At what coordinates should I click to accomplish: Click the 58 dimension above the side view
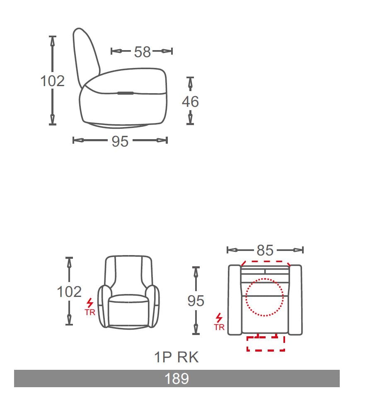coord(142,52)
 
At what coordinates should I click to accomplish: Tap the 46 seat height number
coord(190,101)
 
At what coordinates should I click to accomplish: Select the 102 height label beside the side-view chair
coord(52,81)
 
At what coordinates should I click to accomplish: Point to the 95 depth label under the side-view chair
coord(120,142)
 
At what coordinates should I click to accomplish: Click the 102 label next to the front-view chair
coord(69,292)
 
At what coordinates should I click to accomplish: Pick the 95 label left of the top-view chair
coord(196,301)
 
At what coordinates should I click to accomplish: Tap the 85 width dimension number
coord(265,251)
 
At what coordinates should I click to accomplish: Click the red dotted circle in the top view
coord(264,297)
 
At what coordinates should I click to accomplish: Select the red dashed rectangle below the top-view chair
coord(266,344)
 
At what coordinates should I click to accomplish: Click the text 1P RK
coord(177,357)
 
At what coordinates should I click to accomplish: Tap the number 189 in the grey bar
coord(177,379)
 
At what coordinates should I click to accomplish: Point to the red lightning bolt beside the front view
coord(90,303)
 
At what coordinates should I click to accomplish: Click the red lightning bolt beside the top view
coord(219,318)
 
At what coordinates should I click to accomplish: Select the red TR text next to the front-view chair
coord(90,313)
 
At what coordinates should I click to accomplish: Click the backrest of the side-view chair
coord(86,54)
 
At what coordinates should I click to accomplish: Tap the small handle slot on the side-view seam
coord(125,93)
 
